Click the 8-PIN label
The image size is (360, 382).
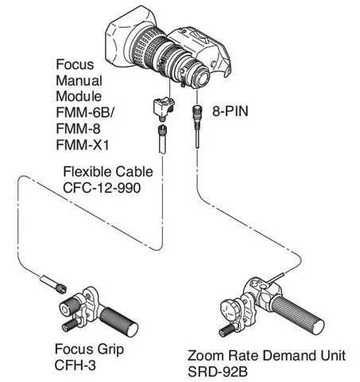[230, 111]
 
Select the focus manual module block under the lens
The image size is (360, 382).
[164, 108]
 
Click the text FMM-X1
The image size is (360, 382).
[83, 145]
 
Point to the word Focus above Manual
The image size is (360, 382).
[75, 64]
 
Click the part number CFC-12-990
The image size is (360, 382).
[102, 187]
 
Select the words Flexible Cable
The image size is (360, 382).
[108, 172]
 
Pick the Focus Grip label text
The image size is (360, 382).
[89, 349]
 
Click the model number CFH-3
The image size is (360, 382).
[75, 365]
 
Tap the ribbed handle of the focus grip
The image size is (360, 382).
[119, 322]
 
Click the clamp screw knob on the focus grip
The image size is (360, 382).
[69, 325]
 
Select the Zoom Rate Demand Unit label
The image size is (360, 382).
[266, 355]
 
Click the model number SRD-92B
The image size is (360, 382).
[218, 372]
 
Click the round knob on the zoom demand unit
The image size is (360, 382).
[230, 311]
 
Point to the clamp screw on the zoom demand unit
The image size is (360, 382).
[227, 330]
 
